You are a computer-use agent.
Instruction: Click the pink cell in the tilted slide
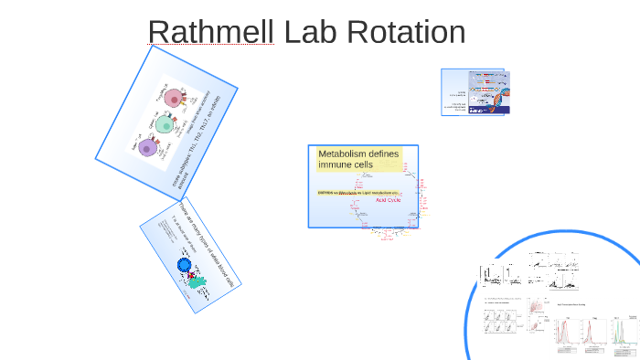(172, 97)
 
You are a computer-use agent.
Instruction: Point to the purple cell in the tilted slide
(149, 147)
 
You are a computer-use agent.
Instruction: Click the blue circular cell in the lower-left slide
(184, 266)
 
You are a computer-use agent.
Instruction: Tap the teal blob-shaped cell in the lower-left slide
(196, 280)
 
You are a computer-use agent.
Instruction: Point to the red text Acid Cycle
(388, 199)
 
